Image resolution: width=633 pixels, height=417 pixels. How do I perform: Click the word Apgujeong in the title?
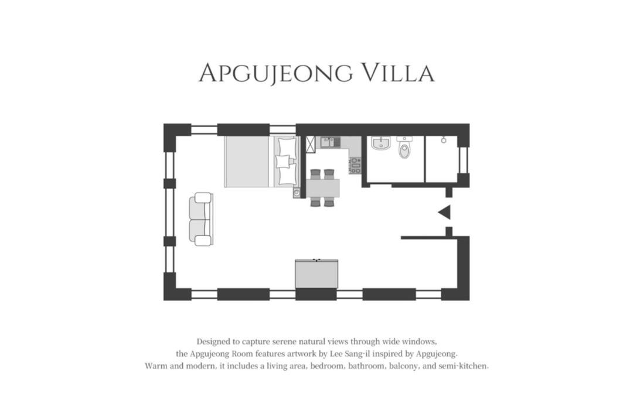click(x=275, y=73)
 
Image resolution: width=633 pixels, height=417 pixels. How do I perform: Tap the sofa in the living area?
click(x=200, y=219)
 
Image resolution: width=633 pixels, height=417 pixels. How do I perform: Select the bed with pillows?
click(x=262, y=162)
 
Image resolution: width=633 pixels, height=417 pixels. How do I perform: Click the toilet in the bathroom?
click(x=404, y=147)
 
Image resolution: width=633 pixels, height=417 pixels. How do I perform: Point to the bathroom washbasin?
click(x=381, y=143)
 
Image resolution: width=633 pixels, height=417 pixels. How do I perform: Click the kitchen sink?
click(x=330, y=142)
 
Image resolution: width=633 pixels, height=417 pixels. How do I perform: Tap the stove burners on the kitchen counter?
click(x=355, y=165)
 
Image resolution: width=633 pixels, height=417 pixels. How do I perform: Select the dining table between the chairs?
click(x=322, y=188)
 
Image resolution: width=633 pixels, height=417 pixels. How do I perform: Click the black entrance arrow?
click(x=445, y=213)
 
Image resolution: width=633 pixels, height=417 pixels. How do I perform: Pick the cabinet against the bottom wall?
click(x=316, y=274)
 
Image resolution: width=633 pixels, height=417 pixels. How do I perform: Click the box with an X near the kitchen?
click(x=311, y=144)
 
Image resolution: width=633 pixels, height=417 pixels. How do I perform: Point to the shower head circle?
click(x=444, y=140)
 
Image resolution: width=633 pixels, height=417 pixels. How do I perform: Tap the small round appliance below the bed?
click(x=297, y=193)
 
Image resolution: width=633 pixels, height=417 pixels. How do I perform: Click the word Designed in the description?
click(x=213, y=342)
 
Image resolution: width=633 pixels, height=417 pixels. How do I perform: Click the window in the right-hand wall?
click(x=464, y=160)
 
